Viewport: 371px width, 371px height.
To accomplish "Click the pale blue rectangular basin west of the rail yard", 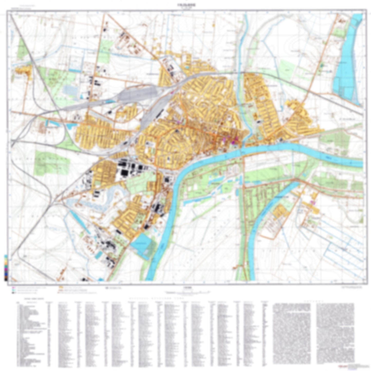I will click(70, 90).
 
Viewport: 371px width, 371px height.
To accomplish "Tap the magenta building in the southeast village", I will click(312, 202).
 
